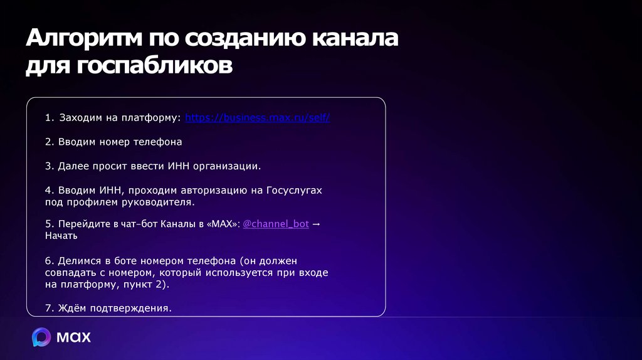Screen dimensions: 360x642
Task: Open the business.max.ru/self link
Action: coord(258,118)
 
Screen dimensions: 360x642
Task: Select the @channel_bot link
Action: coord(275,224)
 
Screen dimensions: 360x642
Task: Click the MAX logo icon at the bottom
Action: coord(42,337)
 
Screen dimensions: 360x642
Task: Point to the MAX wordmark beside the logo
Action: coord(74,337)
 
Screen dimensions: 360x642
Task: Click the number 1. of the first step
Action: coord(50,118)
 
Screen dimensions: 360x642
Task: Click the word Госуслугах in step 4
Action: coord(294,190)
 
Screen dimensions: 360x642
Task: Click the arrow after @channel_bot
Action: coord(316,224)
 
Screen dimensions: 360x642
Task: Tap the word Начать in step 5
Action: coord(61,236)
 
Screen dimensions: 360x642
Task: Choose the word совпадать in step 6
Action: coord(69,272)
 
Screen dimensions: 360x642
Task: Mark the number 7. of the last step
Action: coord(50,308)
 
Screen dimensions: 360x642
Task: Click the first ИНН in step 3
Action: coord(176,166)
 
